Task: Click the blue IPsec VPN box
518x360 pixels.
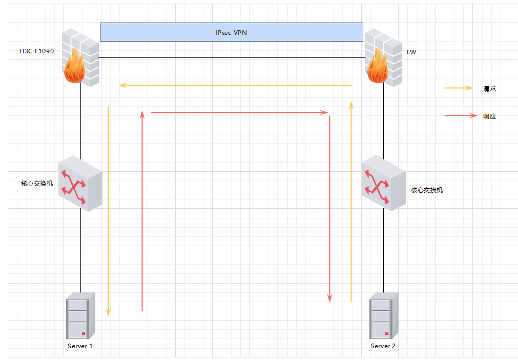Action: [231, 32]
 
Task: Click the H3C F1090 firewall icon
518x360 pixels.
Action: [79, 57]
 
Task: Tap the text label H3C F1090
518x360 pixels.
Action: [36, 51]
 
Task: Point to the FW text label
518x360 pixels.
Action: [411, 52]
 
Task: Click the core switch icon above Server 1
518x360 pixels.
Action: [80, 184]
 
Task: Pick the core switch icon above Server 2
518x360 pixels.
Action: [383, 184]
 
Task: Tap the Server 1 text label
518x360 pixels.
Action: [80, 346]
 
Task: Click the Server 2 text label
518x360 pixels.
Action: [383, 346]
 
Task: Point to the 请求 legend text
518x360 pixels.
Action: [489, 89]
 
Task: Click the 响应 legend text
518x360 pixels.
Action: [489, 116]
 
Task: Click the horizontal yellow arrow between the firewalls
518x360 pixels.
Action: [235, 85]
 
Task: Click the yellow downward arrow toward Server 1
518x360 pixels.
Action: [108, 210]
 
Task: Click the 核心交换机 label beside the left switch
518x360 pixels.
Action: [37, 183]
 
